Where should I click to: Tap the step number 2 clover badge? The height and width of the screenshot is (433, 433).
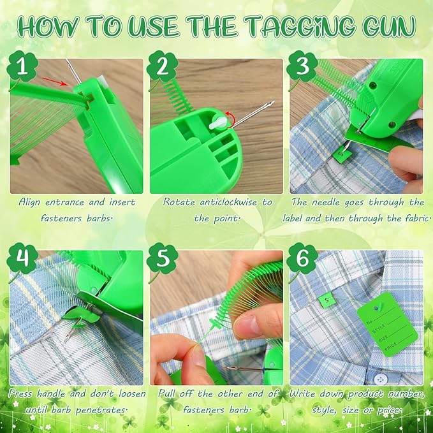(161, 66)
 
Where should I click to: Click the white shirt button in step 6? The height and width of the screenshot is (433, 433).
(381, 378)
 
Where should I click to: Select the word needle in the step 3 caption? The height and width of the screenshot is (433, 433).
(328, 202)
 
